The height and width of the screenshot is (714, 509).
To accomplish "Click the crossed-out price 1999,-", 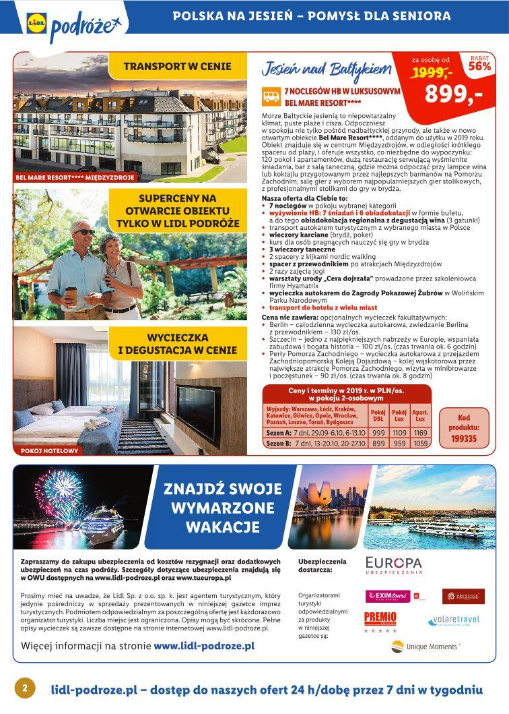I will tap(432, 72).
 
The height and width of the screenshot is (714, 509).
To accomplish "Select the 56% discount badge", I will tap(479, 63).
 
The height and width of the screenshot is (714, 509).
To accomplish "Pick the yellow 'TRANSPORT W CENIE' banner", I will tap(177, 66).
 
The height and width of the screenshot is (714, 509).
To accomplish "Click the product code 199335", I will tap(463, 438).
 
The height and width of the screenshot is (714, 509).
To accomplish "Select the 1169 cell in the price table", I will tap(421, 432).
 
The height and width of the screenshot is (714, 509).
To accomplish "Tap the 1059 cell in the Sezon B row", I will tap(421, 444).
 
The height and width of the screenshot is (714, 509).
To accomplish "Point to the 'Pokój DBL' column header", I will tap(378, 415).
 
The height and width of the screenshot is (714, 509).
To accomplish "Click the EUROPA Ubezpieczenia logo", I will tap(394, 565).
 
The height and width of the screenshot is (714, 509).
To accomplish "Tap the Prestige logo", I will tap(463, 596).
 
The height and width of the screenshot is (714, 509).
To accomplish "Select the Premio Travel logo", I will tap(380, 621).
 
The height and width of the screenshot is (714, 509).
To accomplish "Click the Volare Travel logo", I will tap(454, 620).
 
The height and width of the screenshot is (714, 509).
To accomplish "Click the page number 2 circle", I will tap(24, 688).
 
